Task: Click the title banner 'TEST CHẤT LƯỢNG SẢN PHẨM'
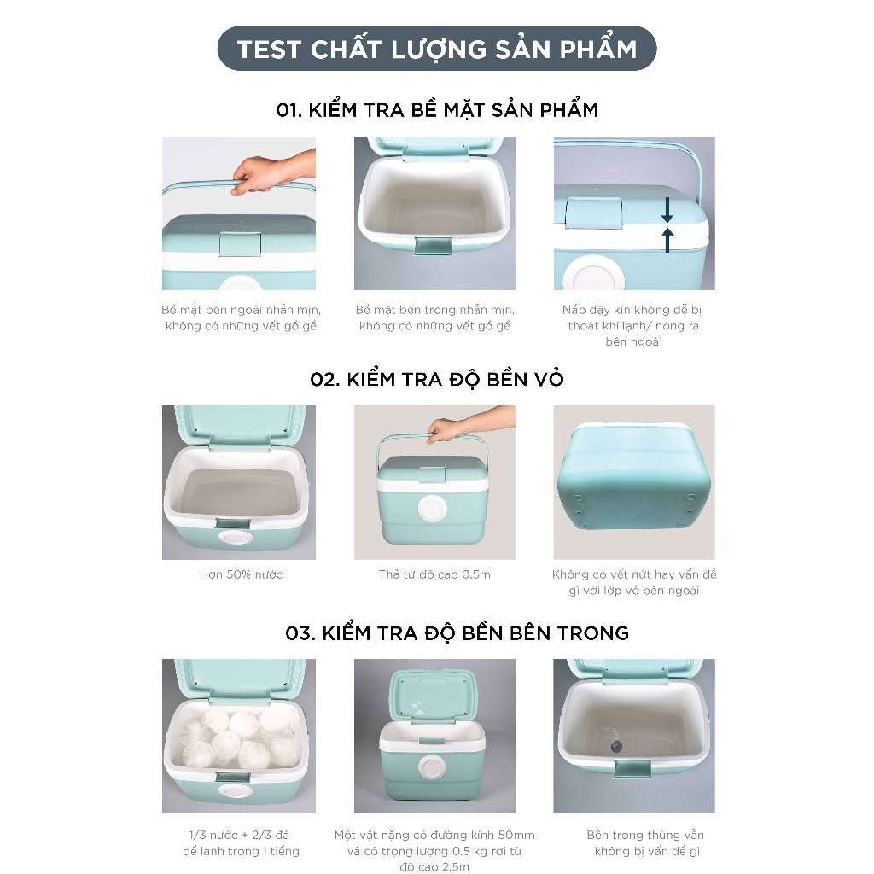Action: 437,49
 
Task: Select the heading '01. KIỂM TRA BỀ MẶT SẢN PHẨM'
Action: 437,110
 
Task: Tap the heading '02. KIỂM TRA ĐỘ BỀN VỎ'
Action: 437,379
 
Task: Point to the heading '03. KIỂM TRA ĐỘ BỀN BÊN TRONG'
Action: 457,633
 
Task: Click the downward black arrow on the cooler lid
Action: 667,210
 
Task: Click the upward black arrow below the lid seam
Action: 667,239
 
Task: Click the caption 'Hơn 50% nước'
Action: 241,574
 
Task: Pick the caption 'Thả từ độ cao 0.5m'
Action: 434,574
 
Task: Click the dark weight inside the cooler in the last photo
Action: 616,744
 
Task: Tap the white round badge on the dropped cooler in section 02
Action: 433,509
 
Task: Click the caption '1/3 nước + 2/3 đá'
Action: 239,835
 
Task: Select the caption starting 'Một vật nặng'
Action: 434,851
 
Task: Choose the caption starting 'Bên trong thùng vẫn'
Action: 646,842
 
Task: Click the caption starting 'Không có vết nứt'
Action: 634,582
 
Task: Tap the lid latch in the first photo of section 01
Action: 240,244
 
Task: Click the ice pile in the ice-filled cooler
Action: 237,738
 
